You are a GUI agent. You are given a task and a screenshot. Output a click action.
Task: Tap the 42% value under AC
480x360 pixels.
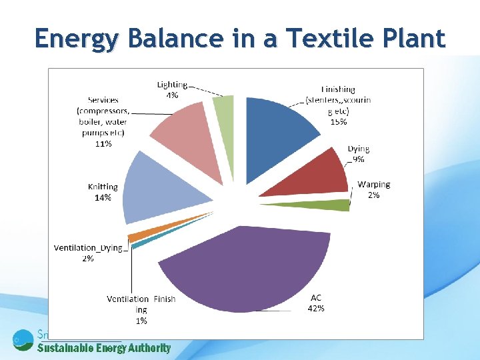point(316,308)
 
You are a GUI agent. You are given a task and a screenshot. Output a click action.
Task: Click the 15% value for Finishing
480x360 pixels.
point(339,121)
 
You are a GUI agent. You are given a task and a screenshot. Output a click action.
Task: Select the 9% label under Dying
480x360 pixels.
point(359,159)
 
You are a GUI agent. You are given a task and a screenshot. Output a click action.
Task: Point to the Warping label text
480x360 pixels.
point(374,185)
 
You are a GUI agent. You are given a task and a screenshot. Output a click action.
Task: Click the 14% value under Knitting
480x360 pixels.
point(103,198)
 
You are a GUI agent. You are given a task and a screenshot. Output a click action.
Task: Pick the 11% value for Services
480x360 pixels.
point(103,143)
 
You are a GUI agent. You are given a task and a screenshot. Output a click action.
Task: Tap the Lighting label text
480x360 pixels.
point(172,85)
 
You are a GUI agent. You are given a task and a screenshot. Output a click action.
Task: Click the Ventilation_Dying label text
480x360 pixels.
point(88,248)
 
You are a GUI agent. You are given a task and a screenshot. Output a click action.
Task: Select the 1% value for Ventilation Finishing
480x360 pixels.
point(141,321)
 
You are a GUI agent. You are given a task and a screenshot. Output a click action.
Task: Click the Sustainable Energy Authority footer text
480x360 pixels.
point(104,348)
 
